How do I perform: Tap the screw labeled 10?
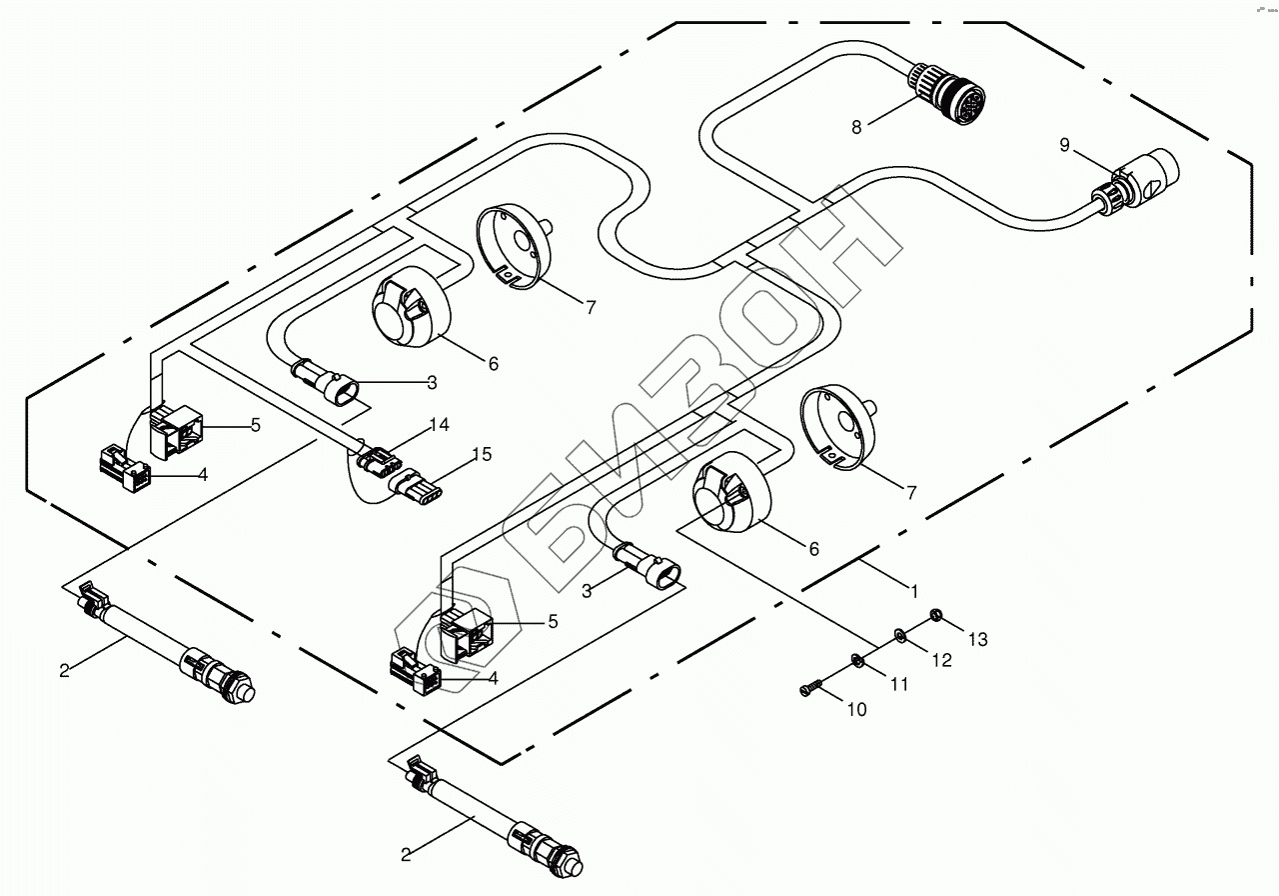810,687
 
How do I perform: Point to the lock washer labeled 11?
856,659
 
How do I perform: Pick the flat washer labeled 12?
899,633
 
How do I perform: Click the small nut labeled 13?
936,615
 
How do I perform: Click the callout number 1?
913,590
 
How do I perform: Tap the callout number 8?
856,127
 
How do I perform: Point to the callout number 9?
1064,146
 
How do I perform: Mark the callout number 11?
900,684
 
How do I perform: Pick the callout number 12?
940,660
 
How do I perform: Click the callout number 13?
976,638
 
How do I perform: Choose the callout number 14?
439,424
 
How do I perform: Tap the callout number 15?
481,454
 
